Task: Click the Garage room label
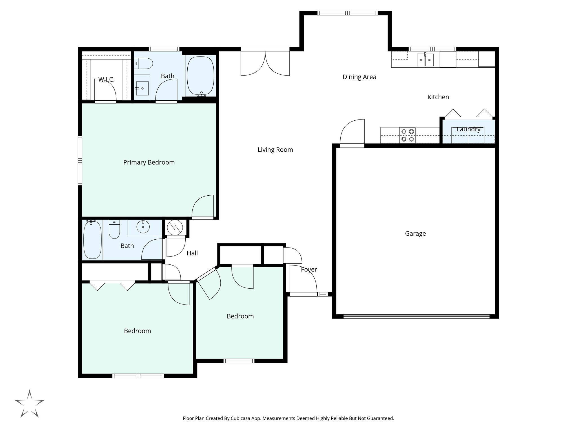point(415,233)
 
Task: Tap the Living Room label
point(275,150)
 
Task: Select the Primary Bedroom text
point(149,162)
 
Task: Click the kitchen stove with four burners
point(407,135)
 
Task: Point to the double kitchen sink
point(425,60)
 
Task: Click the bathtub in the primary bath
point(201,76)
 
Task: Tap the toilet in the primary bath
point(144,63)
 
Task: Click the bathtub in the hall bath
point(92,240)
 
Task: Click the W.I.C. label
point(106,80)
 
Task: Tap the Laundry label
point(468,129)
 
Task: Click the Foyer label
point(309,269)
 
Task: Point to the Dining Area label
point(359,77)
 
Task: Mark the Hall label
point(192,253)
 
